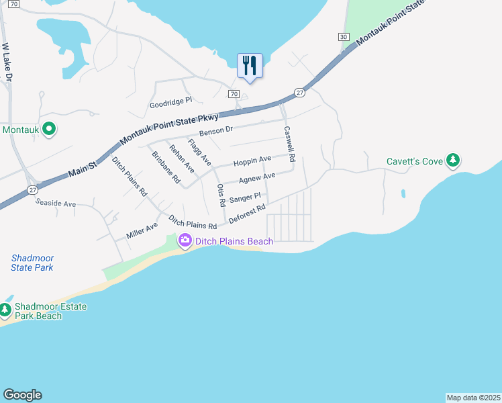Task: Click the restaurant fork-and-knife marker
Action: (x=250, y=66)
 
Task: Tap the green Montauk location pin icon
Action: (x=48, y=128)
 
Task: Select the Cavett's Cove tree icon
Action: (x=454, y=161)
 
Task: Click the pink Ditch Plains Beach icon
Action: (x=184, y=240)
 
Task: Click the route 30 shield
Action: (x=344, y=37)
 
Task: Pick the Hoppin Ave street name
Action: (x=252, y=161)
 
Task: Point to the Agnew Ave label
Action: (x=257, y=178)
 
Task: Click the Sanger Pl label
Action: (x=244, y=198)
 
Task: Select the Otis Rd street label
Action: (x=221, y=195)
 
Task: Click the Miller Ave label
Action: (x=142, y=230)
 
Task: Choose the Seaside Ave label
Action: (x=56, y=202)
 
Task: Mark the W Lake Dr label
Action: (x=7, y=63)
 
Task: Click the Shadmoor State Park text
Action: (x=32, y=263)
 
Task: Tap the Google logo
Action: (x=22, y=395)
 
